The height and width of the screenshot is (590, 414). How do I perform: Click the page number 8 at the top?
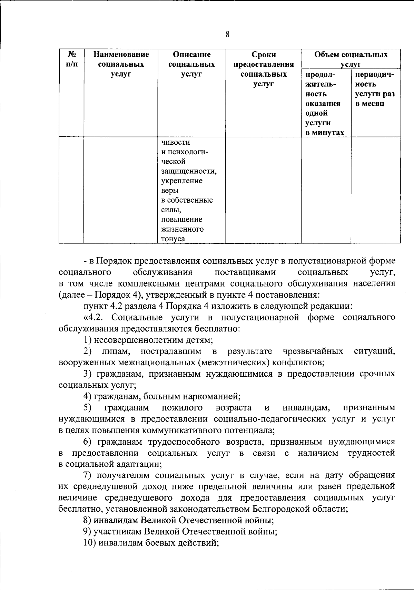[227, 34]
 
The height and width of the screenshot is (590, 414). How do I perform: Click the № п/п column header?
[71, 59]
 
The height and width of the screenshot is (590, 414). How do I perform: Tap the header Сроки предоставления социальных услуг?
[264, 69]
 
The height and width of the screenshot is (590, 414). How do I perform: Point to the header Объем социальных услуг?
[351, 59]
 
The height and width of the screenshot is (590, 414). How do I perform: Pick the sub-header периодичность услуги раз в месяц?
[375, 89]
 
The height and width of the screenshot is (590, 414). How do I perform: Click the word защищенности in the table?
[189, 171]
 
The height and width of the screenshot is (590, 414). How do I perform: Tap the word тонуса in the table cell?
[173, 239]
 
